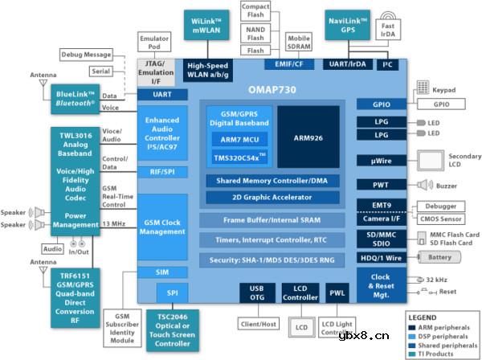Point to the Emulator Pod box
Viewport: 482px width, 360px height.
tap(153, 42)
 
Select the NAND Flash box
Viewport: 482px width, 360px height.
tap(255, 32)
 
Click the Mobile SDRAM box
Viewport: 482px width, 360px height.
tap(299, 41)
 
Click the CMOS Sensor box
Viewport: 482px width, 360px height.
tap(439, 218)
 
